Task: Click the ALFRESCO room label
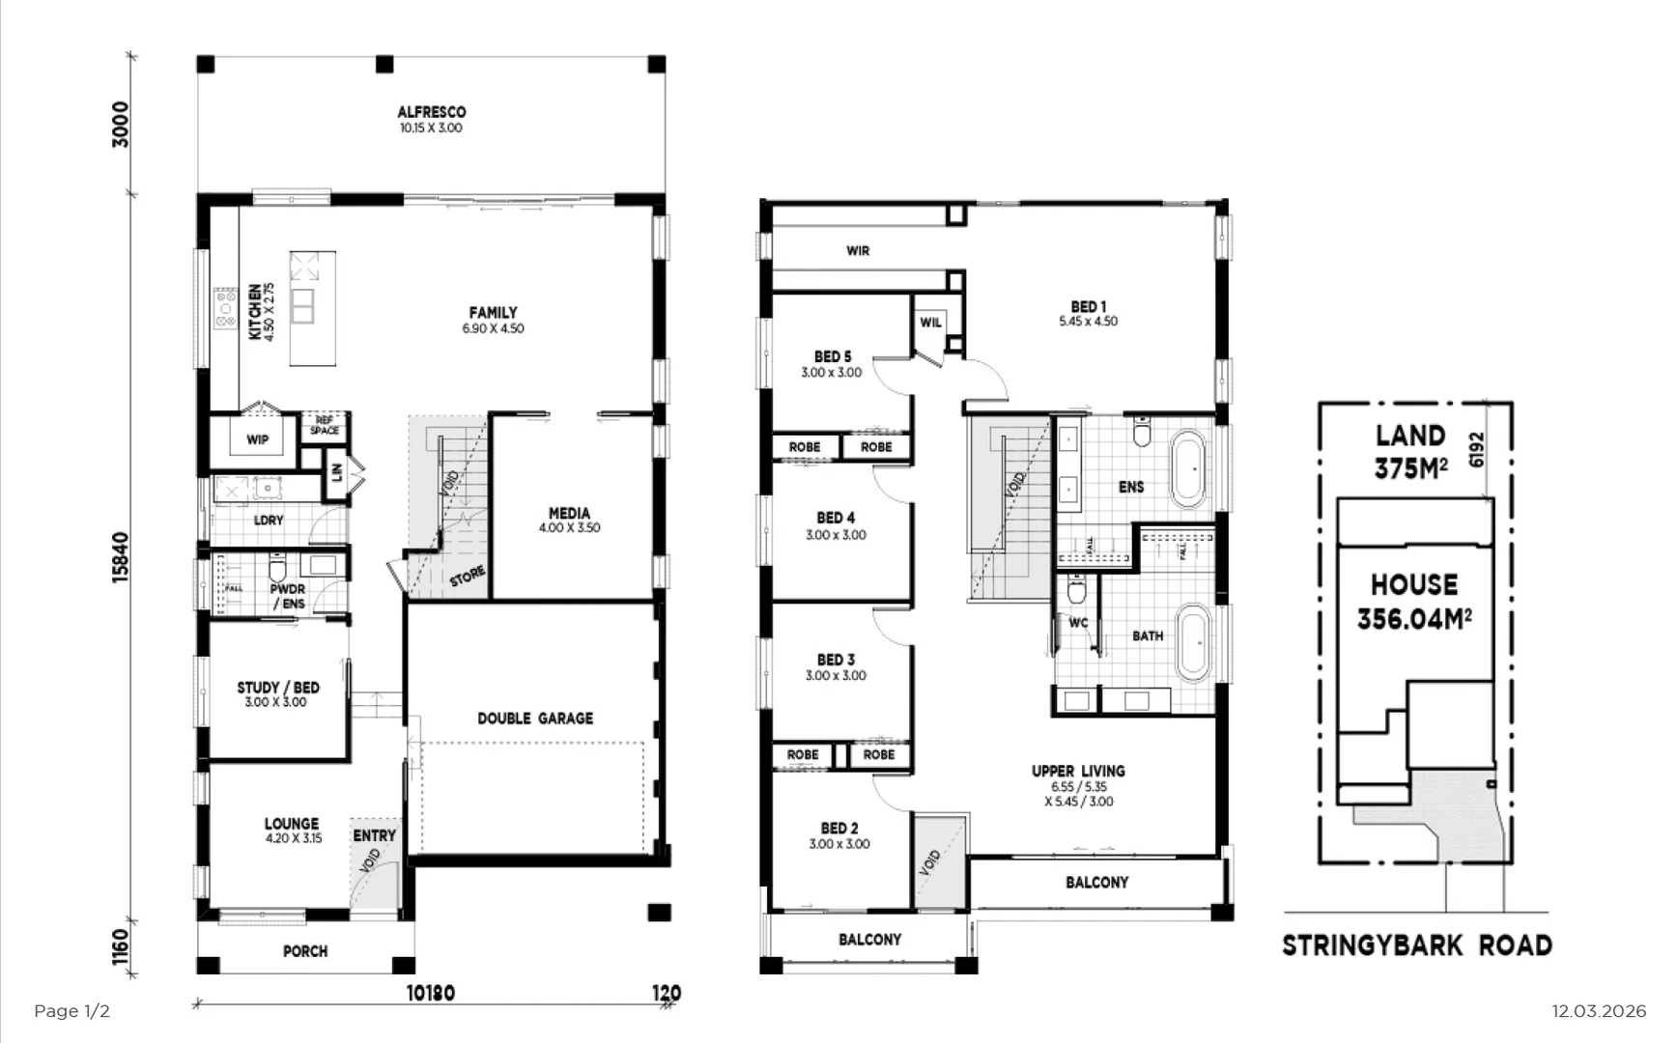[431, 113]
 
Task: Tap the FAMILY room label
[493, 313]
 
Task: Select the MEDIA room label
[569, 514]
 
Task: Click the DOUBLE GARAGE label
[535, 719]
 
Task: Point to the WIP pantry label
[257, 440]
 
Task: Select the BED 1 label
[1088, 307]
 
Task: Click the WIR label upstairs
[858, 251]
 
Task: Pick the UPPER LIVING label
[1078, 772]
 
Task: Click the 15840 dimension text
[121, 557]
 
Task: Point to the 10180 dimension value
[430, 993]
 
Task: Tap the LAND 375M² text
[1410, 452]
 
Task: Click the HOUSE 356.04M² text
[1414, 601]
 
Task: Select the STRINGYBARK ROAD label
[1416, 945]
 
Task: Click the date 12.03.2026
[1598, 1011]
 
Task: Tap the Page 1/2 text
[71, 1011]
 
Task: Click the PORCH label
[305, 952]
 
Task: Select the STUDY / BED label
[278, 688]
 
